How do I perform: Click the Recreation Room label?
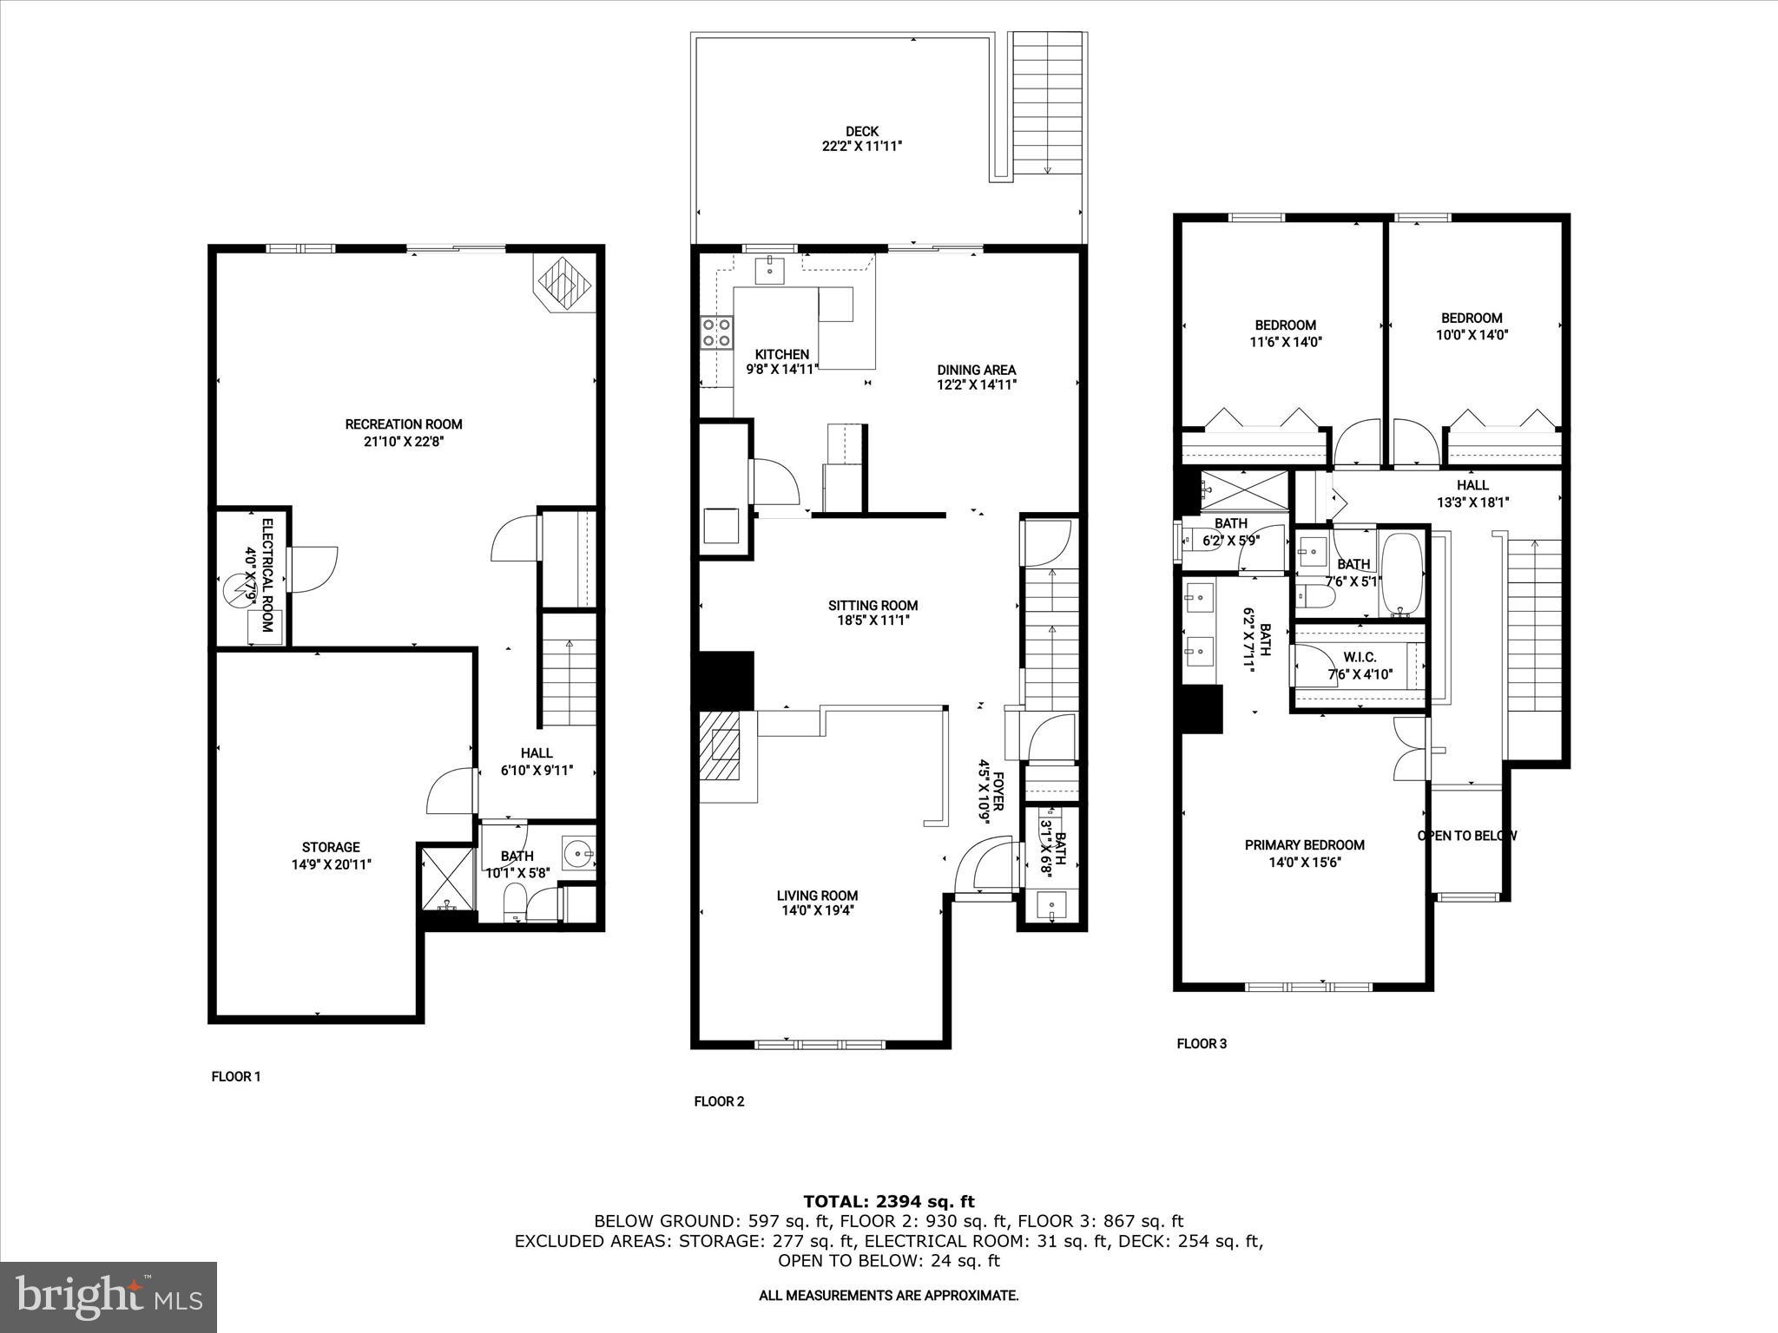[x=404, y=424]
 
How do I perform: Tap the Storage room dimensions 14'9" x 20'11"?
[x=331, y=864]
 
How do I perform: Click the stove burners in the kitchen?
[x=717, y=332]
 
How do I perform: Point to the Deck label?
[x=861, y=131]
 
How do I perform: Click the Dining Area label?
[x=976, y=370]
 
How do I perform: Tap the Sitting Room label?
[x=873, y=606]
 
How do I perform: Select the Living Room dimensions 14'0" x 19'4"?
[x=817, y=910]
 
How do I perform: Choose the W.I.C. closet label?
[x=1359, y=658]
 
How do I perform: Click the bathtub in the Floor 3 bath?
[x=1402, y=574]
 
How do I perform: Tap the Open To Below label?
[x=1467, y=836]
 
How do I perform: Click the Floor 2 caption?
[x=719, y=1101]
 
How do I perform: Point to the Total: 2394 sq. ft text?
[x=888, y=1201]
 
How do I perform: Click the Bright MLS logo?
[x=109, y=1297]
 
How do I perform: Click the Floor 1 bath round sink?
[x=576, y=854]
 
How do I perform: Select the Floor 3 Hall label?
[x=1472, y=485]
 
